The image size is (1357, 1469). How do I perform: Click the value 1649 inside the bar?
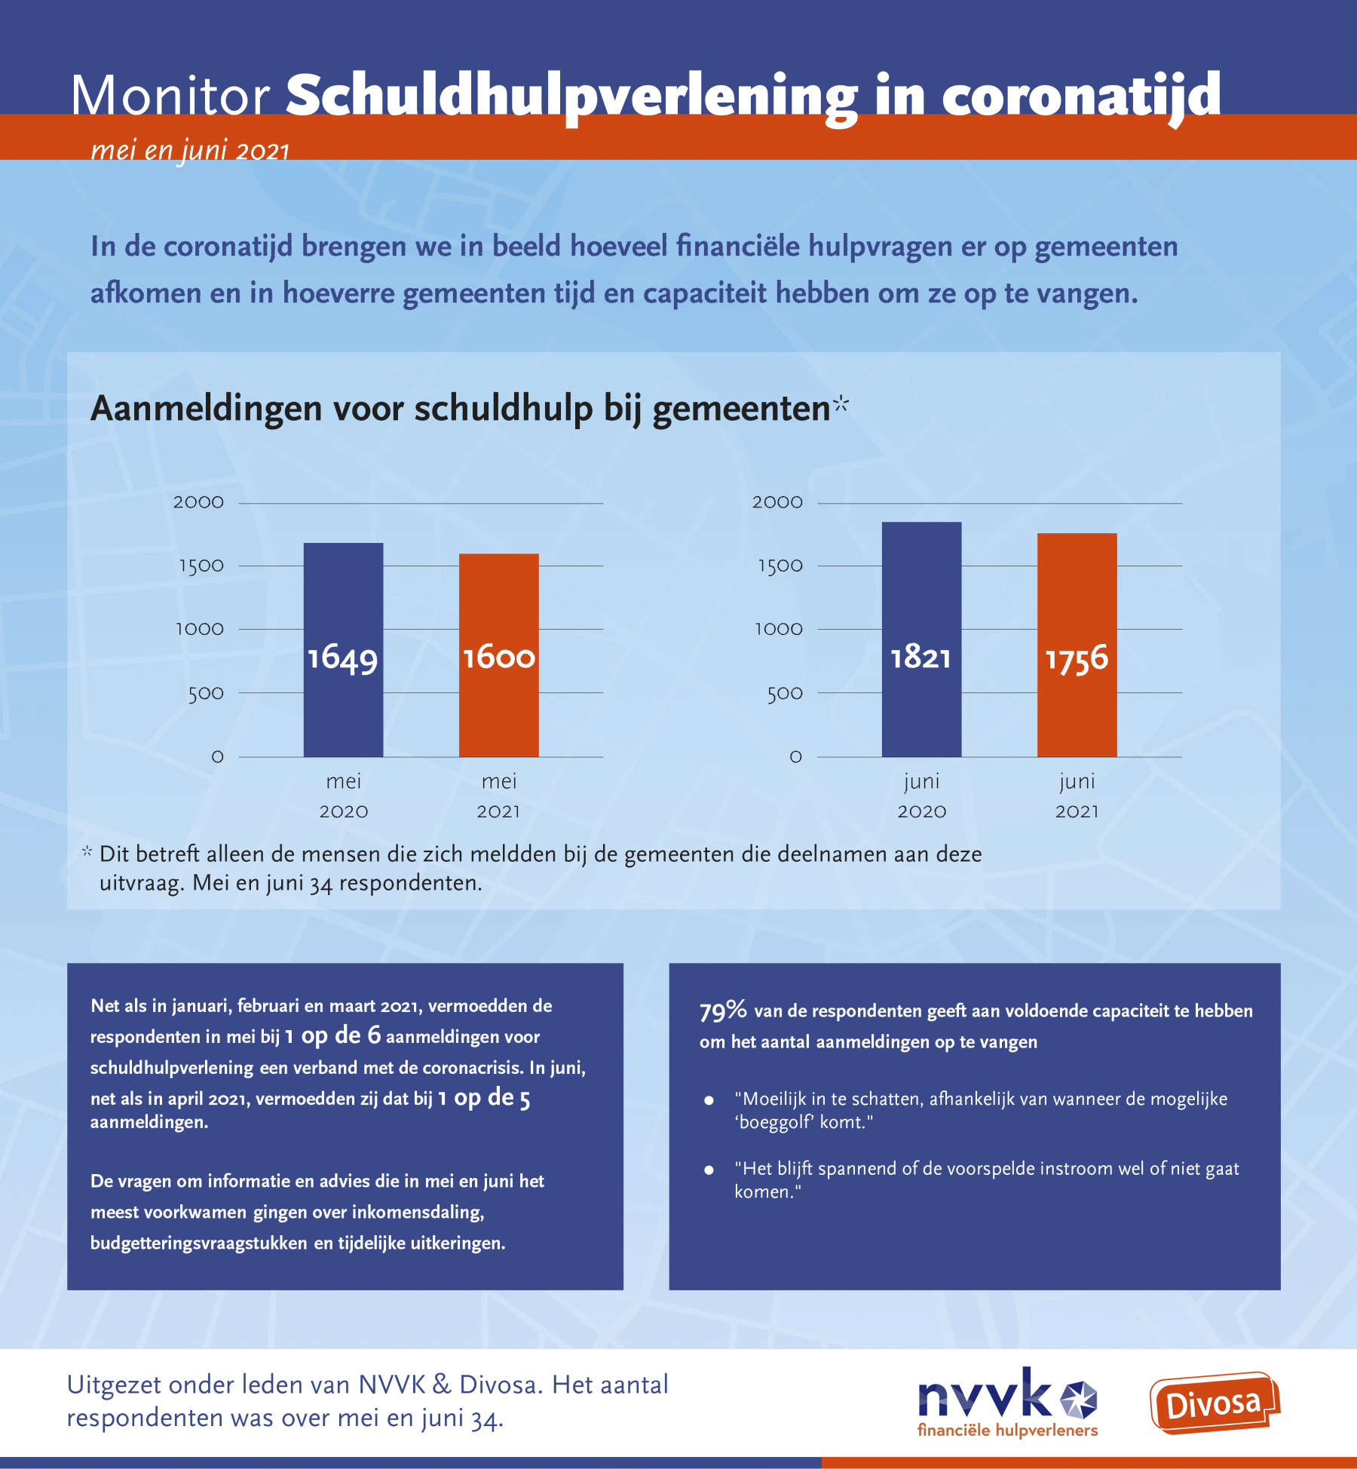[342, 658]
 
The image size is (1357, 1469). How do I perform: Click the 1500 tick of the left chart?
[201, 566]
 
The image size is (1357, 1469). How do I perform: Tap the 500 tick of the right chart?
[785, 693]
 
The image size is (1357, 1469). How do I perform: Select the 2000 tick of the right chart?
[777, 502]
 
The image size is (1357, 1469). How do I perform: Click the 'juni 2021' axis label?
[1077, 796]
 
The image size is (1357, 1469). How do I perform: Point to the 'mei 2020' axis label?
[343, 796]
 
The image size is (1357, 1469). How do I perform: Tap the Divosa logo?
[1214, 1403]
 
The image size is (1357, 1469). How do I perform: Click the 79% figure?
[722, 1011]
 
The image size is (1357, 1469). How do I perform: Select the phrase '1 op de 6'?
[332, 1036]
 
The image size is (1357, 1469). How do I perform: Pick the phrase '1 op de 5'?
[484, 1098]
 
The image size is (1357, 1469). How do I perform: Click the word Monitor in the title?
[170, 96]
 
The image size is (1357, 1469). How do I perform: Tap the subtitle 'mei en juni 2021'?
[190, 151]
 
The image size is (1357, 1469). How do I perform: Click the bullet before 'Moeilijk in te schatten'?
[709, 1100]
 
